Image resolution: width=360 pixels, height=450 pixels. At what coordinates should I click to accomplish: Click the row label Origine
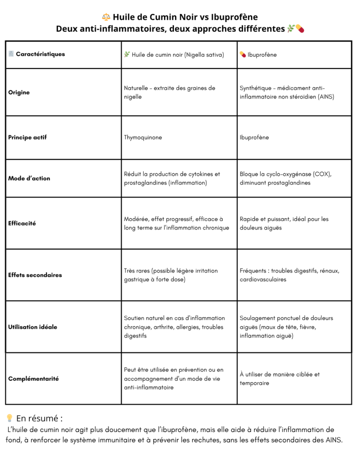[19, 93]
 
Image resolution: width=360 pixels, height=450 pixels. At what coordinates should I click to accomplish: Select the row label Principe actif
[27, 138]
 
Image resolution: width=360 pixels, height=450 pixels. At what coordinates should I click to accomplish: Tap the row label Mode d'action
[29, 178]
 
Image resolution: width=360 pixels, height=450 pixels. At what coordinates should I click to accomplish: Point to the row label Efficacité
[22, 223]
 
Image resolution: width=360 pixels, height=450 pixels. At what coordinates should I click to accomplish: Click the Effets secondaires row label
[35, 275]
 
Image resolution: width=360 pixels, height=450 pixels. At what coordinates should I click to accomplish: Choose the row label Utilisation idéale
[33, 327]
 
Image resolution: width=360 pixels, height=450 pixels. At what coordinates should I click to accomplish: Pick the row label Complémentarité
[33, 379]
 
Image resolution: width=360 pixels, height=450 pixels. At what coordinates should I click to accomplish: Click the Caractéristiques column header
[40, 54]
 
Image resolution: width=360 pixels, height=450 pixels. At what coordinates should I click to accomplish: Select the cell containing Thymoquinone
[143, 138]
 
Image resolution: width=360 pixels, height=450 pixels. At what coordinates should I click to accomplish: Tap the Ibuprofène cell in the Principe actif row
[254, 138]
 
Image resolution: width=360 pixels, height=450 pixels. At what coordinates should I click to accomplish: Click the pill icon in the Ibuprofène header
[243, 54]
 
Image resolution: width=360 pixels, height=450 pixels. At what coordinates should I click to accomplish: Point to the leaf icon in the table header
[127, 54]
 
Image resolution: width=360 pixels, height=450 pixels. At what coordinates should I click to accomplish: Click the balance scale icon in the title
[106, 17]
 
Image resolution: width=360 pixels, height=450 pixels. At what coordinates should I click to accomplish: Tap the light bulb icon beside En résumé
[9, 418]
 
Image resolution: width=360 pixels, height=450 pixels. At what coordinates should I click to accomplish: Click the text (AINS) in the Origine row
[324, 97]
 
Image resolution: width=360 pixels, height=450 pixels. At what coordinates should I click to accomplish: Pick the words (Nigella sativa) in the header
[204, 55]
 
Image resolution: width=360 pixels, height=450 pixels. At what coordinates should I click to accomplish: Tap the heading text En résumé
[39, 418]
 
